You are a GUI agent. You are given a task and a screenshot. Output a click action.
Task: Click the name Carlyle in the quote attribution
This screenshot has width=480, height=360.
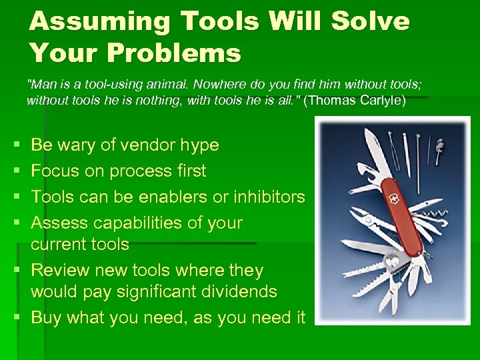[381, 101]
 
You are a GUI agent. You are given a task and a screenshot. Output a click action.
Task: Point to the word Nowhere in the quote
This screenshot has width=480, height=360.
[240, 85]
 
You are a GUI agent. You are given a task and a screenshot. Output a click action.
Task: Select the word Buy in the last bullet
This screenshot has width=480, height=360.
[46, 318]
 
